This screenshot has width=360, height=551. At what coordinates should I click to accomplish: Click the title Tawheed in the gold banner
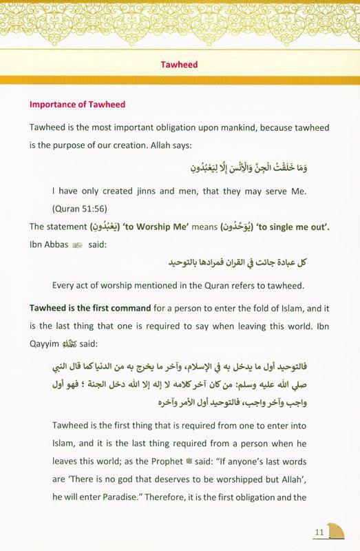click(x=180, y=64)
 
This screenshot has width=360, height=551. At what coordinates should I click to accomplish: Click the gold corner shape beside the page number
click(x=341, y=534)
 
